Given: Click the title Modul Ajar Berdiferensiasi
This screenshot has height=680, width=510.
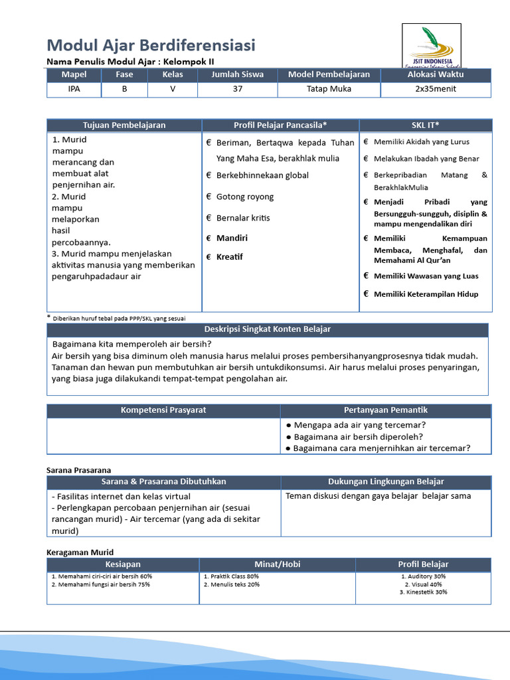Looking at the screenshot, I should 151,45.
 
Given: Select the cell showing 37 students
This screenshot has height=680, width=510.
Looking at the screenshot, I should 237,90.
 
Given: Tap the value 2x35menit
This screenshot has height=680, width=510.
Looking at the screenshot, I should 436,90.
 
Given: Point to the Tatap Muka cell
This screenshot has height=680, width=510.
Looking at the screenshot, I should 329,90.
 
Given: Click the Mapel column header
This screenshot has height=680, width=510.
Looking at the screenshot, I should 74,74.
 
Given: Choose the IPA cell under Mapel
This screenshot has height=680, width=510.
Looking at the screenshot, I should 74,90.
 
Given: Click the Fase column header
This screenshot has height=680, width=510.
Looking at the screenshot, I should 124,74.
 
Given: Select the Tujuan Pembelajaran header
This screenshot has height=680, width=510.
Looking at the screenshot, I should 124,125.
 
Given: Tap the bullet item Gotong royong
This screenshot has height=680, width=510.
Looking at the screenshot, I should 244,197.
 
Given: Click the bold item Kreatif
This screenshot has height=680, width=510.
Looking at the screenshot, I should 229,256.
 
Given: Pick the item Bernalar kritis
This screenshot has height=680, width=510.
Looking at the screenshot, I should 243,218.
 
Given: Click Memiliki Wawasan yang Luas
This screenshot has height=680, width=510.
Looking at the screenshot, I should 426,276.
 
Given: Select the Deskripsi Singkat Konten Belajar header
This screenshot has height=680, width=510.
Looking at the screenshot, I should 267,329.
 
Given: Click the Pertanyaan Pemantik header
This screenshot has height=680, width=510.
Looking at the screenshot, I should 385,410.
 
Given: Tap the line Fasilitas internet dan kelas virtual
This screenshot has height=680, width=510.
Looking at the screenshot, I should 120,496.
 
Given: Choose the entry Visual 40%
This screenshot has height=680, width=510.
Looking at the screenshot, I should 423,584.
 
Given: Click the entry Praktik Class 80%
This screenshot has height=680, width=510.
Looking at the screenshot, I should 233,576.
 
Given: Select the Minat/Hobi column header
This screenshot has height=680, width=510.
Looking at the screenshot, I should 277,564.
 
